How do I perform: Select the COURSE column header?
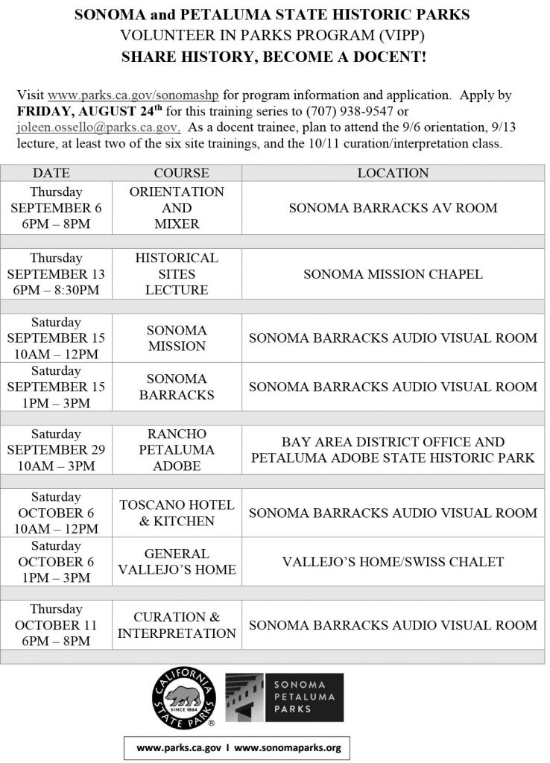176,173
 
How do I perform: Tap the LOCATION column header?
393,173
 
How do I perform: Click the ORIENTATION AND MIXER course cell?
177,208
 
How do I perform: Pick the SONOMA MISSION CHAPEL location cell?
393,274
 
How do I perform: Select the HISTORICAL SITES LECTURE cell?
177,273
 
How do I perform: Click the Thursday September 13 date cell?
57,273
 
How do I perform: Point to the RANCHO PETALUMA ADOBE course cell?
177,449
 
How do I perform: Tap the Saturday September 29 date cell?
57,449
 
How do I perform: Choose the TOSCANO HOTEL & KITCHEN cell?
177,513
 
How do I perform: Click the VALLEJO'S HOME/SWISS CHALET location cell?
393,563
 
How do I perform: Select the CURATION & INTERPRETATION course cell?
177,625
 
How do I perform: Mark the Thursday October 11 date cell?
57,625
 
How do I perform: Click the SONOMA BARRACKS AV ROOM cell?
393,208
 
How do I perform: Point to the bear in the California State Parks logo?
183,698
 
